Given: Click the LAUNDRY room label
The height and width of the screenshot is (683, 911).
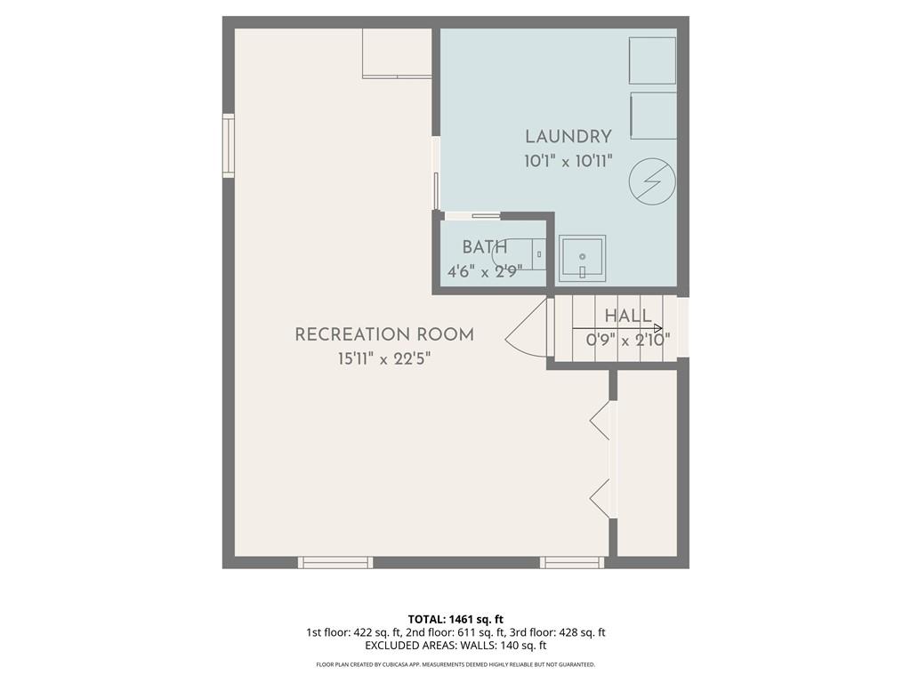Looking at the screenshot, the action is click(568, 137).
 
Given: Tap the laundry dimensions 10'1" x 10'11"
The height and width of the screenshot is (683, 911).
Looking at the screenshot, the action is click(568, 161).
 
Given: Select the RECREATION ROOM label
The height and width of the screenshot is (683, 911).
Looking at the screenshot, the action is click(384, 334).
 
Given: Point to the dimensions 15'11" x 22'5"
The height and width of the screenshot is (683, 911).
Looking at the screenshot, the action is click(384, 359).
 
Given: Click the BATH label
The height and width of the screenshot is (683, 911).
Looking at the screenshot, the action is click(485, 247).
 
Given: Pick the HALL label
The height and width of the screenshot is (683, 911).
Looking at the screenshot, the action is click(628, 316).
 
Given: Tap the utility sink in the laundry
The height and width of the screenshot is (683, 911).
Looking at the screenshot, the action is click(582, 258).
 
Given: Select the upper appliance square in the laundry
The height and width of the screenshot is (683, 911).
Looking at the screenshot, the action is click(652, 60).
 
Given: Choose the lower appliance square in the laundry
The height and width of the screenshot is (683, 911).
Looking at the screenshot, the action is click(654, 116).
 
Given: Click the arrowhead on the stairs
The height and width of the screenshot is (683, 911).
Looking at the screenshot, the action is click(658, 328).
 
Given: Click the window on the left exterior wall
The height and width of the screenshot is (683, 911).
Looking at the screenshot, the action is click(229, 145).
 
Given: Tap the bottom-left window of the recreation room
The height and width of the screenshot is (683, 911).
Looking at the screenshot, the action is click(335, 562).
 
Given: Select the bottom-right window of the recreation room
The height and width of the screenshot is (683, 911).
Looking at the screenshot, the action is click(572, 562).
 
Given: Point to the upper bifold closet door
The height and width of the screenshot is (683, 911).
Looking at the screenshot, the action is click(600, 420).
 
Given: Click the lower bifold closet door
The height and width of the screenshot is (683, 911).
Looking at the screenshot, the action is click(600, 498).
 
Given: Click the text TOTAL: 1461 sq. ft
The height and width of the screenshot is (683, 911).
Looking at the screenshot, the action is click(455, 619).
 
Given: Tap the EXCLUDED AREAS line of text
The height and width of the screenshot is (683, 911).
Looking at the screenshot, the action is click(455, 646).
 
